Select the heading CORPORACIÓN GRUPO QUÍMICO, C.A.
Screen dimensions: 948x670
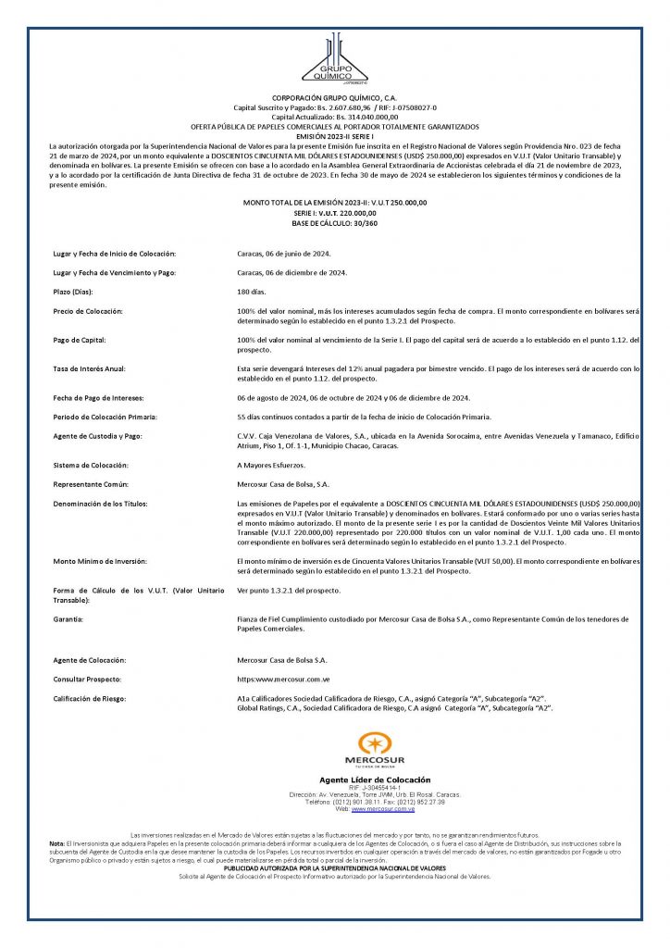tap(335, 97)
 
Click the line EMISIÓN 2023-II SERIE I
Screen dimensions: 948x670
tap(335, 136)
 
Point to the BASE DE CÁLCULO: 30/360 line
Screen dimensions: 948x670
tap(335, 223)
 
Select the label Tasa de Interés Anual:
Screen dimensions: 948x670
tap(89, 369)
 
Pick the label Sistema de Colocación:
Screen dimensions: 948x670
tap(90, 465)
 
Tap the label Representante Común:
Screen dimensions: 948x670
tap(91, 484)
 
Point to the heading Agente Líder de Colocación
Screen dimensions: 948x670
tap(375, 780)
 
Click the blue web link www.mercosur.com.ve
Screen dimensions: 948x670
tap(382, 809)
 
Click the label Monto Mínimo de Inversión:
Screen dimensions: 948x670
tap(103, 561)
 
